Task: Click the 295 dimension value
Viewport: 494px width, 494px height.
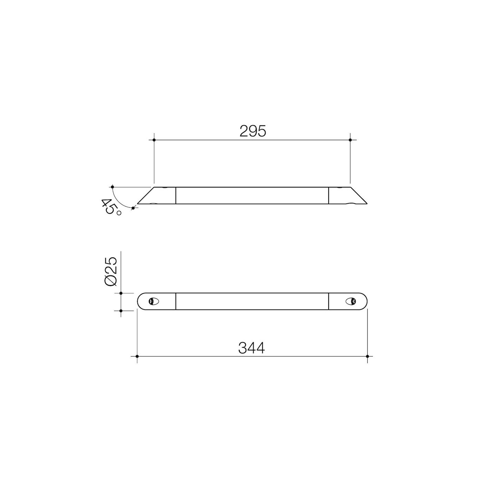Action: pyautogui.click(x=253, y=131)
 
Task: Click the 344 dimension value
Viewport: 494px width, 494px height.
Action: pyautogui.click(x=251, y=348)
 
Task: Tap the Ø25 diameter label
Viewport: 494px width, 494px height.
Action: pyautogui.click(x=111, y=271)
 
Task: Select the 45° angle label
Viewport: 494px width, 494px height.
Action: pyautogui.click(x=111, y=207)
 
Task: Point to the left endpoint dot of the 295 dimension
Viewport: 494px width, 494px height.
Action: pyautogui.click(x=154, y=140)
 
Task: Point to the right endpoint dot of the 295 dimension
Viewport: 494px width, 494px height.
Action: pyautogui.click(x=350, y=140)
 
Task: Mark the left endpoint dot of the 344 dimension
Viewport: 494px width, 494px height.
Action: pyautogui.click(x=137, y=356)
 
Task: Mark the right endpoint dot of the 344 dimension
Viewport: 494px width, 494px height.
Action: pyautogui.click(x=367, y=356)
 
